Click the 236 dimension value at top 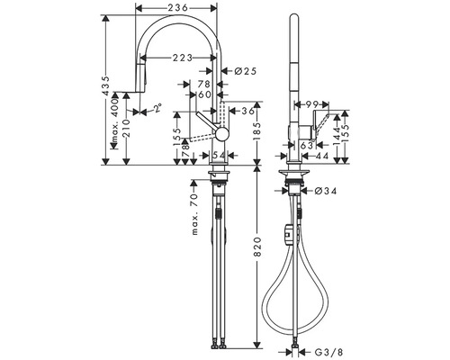(177, 7)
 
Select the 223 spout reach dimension (183, 58)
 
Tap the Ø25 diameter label (246, 71)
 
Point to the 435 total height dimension (105, 85)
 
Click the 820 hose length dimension (257, 247)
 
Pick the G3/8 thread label (328, 352)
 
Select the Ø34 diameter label (326, 191)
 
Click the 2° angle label (158, 108)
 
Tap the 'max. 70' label (194, 214)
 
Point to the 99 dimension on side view (311, 104)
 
